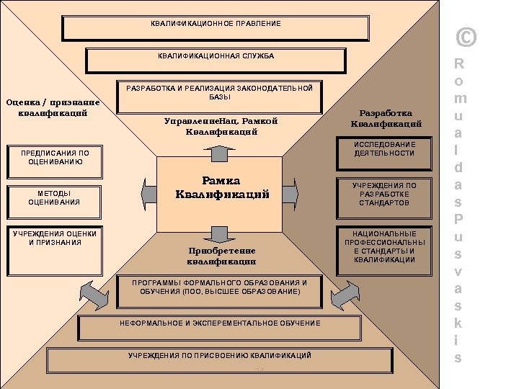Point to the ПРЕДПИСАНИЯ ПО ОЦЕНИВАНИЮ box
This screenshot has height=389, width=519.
click(54, 158)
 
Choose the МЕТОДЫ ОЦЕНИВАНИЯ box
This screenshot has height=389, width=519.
click(54, 198)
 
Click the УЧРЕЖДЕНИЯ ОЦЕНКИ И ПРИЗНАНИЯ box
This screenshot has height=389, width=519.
click(54, 239)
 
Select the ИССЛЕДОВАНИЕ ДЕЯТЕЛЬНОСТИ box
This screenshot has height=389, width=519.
click(384, 149)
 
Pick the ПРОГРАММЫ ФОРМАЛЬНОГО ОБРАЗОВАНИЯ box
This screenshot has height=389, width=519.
click(219, 288)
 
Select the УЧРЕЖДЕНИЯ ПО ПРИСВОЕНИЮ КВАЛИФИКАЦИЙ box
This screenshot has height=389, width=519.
click(219, 357)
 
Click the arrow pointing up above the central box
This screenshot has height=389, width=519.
click(219, 151)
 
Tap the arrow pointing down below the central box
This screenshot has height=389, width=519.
click(219, 233)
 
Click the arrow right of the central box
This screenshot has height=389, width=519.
click(289, 193)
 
